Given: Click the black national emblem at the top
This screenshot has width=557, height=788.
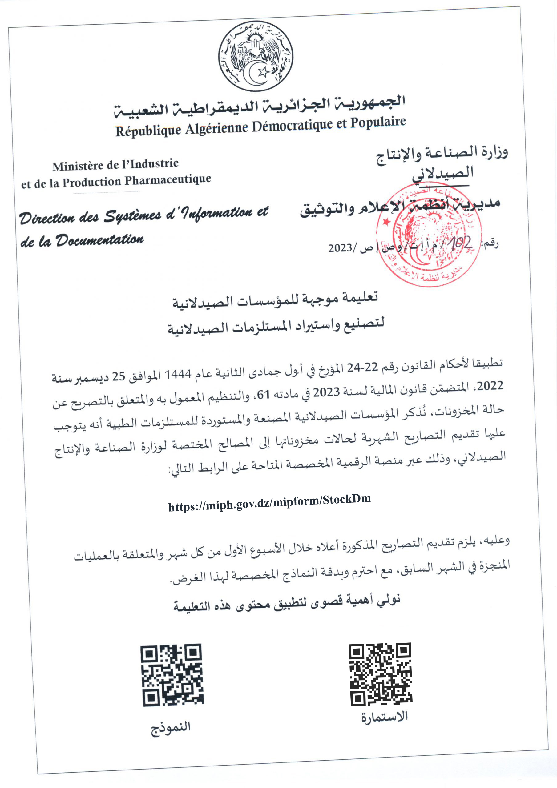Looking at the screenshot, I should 256,56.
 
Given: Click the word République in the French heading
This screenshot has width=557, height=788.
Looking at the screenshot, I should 148,131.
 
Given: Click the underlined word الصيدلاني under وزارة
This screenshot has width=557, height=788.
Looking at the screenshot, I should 443,173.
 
